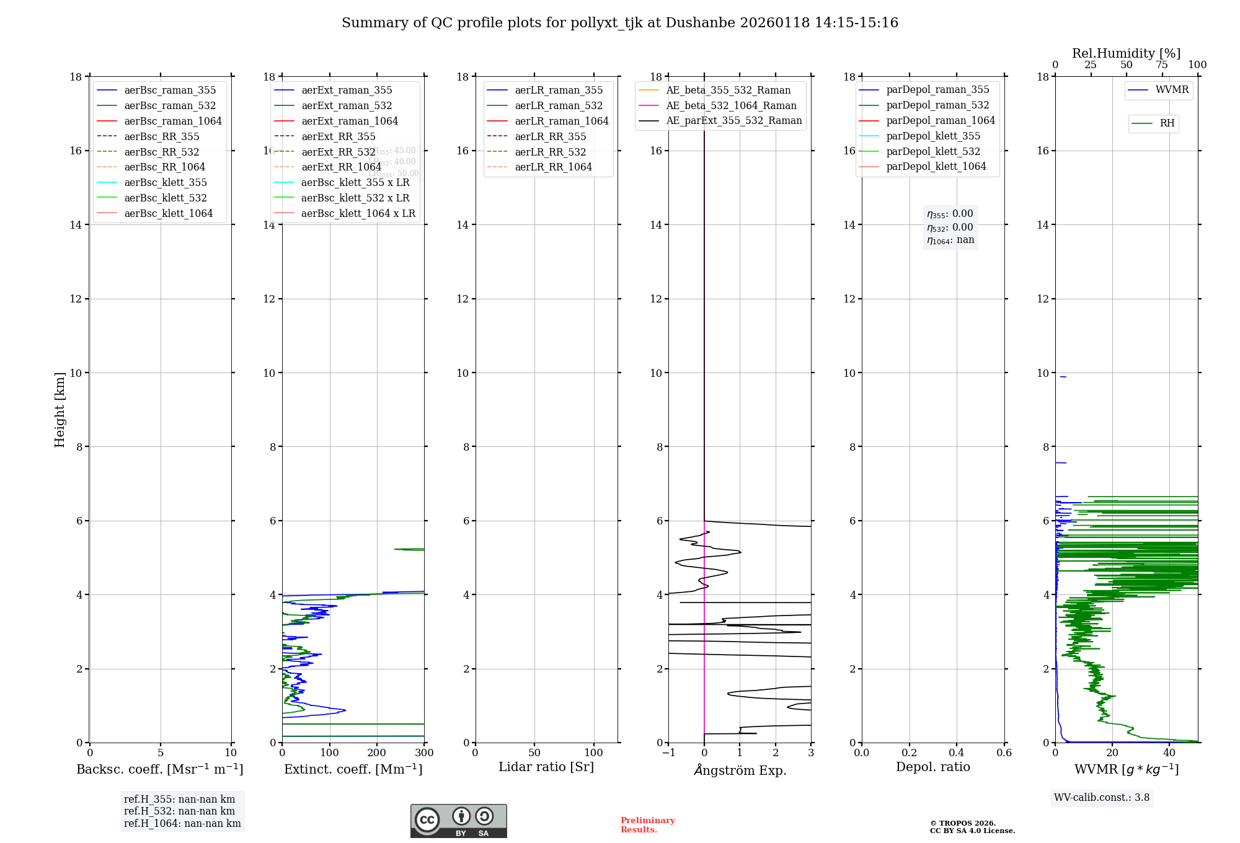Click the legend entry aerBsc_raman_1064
(x=172, y=121)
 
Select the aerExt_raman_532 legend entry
(x=347, y=105)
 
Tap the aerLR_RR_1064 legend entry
(x=553, y=167)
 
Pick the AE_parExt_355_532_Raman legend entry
(x=733, y=120)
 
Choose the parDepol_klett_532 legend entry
(x=933, y=151)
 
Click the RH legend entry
(x=1167, y=123)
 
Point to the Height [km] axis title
(x=60, y=409)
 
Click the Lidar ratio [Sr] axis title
(x=546, y=767)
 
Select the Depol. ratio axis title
(x=932, y=767)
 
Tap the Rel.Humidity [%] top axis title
(x=1126, y=53)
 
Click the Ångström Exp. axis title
(x=740, y=770)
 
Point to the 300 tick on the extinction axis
(x=424, y=753)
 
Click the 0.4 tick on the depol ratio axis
(x=957, y=753)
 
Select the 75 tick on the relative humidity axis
(x=1161, y=65)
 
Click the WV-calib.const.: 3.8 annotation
(x=1102, y=798)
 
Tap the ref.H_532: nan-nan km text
(x=179, y=811)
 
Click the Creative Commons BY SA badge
(x=458, y=821)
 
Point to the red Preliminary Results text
(x=647, y=824)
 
